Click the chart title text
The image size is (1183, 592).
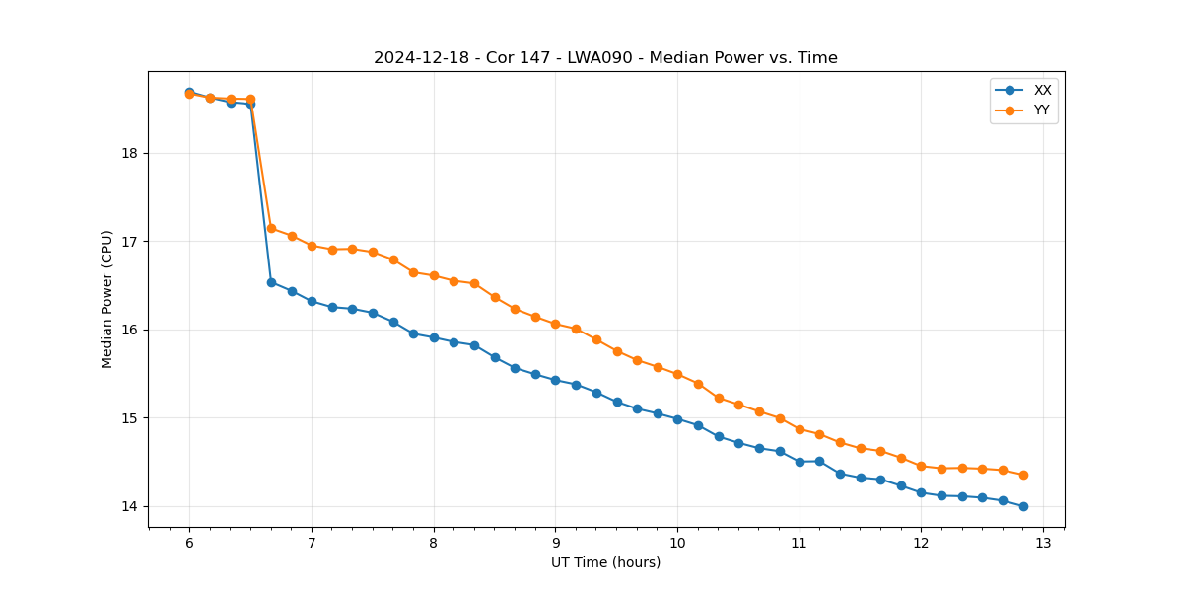tap(605, 58)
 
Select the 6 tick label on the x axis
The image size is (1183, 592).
tap(189, 543)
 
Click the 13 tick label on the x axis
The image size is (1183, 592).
tap(1043, 543)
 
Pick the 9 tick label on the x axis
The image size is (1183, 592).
tap(555, 543)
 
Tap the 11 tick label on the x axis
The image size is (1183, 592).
tap(800, 543)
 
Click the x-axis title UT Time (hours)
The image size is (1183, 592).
tap(605, 562)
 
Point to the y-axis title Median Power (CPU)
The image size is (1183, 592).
tap(107, 299)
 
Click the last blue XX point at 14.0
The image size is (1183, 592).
tap(1023, 506)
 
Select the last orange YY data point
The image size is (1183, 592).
tap(1023, 475)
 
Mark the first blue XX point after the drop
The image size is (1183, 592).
tap(271, 282)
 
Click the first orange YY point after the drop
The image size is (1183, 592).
tap(271, 228)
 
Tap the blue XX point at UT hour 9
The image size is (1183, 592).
tap(555, 380)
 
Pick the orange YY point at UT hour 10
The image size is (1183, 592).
tap(677, 374)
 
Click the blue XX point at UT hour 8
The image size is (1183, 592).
tap(434, 337)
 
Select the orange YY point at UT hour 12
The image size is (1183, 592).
tap(921, 466)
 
